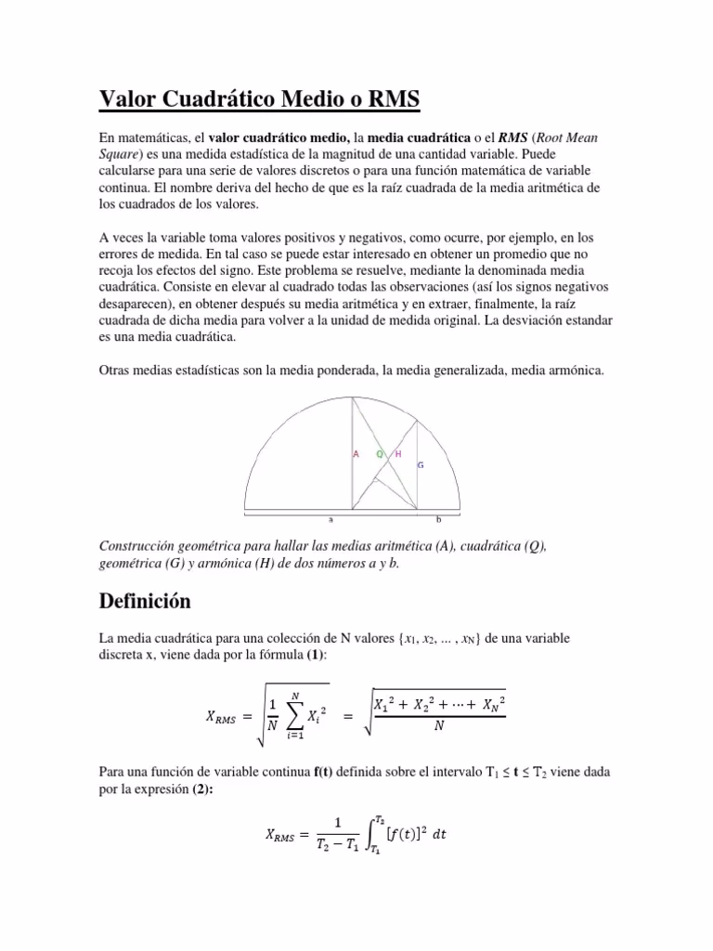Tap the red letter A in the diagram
(356, 454)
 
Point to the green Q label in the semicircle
(379, 454)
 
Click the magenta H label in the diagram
(397, 454)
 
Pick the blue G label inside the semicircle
(421, 464)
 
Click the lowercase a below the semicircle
(331, 520)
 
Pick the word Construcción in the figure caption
(139, 546)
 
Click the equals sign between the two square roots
(349, 715)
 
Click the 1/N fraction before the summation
(271, 715)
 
